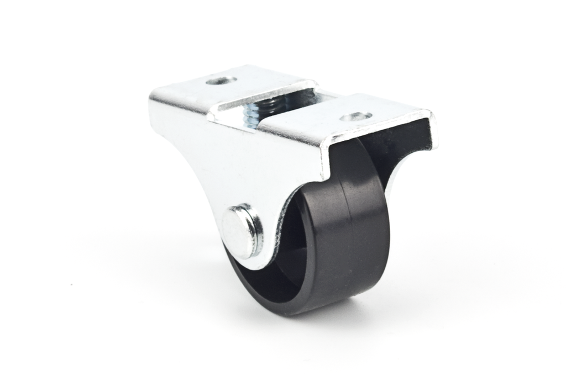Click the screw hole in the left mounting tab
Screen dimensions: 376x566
[x=221, y=81]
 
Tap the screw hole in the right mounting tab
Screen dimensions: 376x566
[x=355, y=116]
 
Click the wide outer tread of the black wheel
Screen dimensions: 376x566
[x=362, y=237]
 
